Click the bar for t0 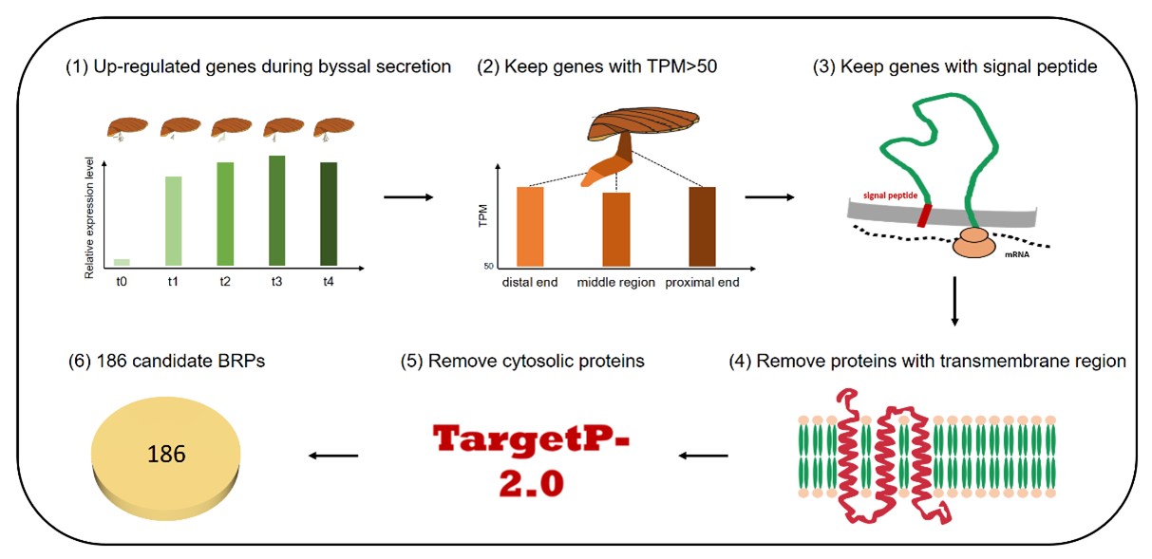coord(122,262)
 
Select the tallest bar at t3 coord(277,210)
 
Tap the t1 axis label coord(174,282)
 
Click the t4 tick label coord(329,282)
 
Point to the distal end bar coord(530,226)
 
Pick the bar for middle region coord(616,229)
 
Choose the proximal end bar coord(702,226)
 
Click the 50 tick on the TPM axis coord(489,266)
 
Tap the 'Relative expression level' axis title coord(89,217)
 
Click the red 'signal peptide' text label coord(890,195)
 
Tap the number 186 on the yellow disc coord(166,455)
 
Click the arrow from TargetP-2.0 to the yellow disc coord(332,457)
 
